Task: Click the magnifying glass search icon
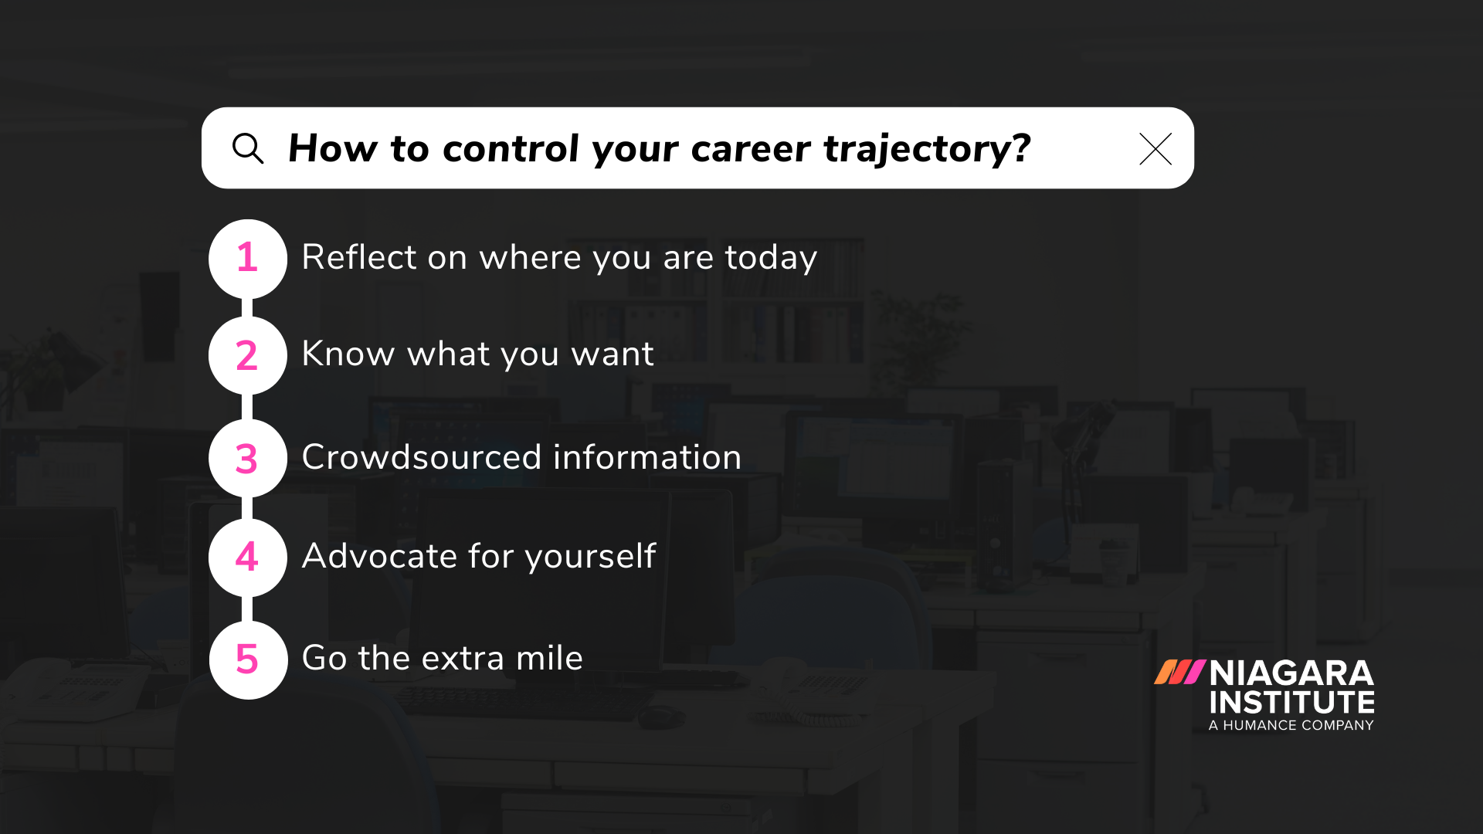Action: coord(248,148)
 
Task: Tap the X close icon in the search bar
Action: coord(1155,149)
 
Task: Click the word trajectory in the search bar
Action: coord(927,149)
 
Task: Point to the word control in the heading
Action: coord(511,148)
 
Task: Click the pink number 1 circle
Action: coord(247,258)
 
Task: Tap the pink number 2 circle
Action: coord(247,355)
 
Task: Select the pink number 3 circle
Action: coord(247,458)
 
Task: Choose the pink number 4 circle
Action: coord(247,557)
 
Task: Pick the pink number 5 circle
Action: coord(247,659)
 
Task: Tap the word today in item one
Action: coord(770,258)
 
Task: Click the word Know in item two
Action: coord(348,354)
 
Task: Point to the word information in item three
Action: coord(647,457)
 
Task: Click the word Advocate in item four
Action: coord(379,556)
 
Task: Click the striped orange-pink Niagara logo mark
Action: coord(1179,672)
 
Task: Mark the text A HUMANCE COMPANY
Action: coord(1291,725)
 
